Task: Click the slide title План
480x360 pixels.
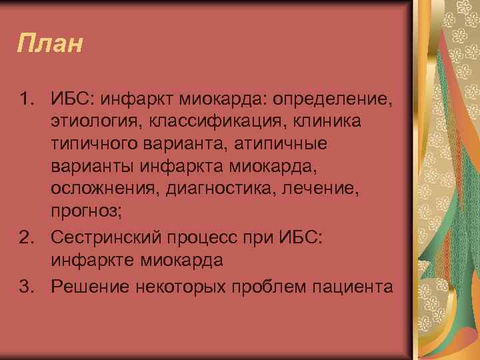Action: click(x=51, y=45)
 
